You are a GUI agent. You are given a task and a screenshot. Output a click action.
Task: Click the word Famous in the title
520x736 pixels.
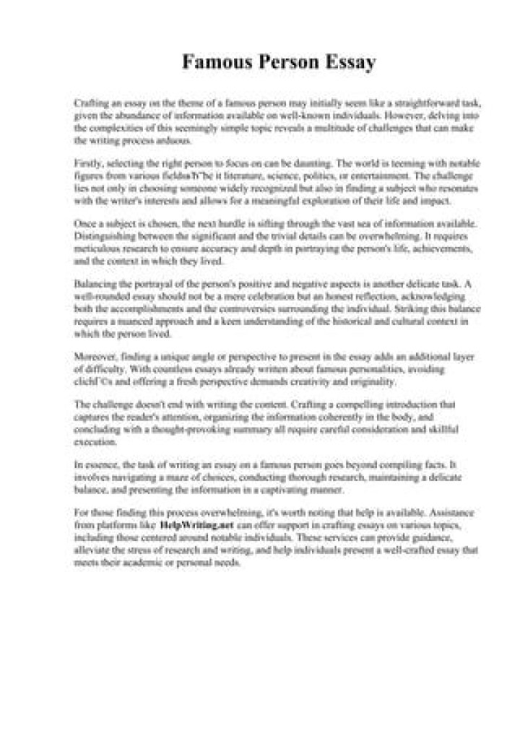click(x=215, y=64)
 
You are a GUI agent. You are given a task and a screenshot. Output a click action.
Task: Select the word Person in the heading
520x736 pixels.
click(x=285, y=64)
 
